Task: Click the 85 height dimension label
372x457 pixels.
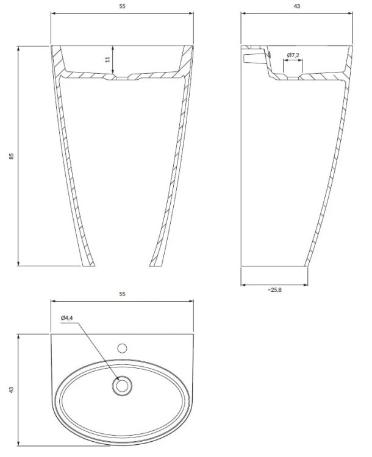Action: (12, 156)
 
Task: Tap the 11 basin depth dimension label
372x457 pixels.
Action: (107, 59)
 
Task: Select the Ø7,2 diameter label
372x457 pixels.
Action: (293, 55)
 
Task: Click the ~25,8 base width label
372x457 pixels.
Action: (274, 289)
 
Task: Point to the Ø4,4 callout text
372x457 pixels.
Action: (66, 318)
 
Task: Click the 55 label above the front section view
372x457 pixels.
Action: (122, 6)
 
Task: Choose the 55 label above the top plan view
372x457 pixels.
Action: (122, 294)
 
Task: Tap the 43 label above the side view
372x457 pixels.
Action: (297, 6)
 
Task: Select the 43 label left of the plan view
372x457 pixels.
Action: (12, 390)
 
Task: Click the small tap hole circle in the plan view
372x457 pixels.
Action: (122, 348)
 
